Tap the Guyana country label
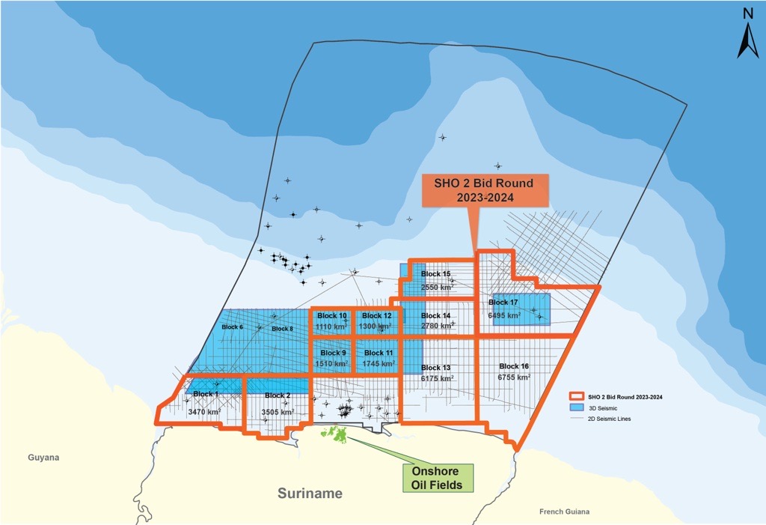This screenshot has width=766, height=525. [x=43, y=458]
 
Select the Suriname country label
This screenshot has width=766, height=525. [x=310, y=494]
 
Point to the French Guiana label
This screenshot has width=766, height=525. [x=564, y=512]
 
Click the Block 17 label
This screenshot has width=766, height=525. [x=503, y=303]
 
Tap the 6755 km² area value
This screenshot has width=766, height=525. [x=514, y=379]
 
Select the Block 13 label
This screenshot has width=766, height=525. [x=435, y=367]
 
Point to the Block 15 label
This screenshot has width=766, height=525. [x=435, y=274]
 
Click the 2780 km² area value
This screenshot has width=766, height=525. [x=437, y=326]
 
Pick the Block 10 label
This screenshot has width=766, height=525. [x=332, y=315]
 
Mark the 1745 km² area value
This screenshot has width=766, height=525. [x=378, y=364]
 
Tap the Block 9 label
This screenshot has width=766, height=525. [x=333, y=353]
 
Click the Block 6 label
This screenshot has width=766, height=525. [x=232, y=327]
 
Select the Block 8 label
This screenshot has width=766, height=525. [x=282, y=329]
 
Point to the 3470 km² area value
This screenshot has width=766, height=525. [x=204, y=412]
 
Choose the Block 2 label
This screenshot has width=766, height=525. [x=277, y=395]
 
